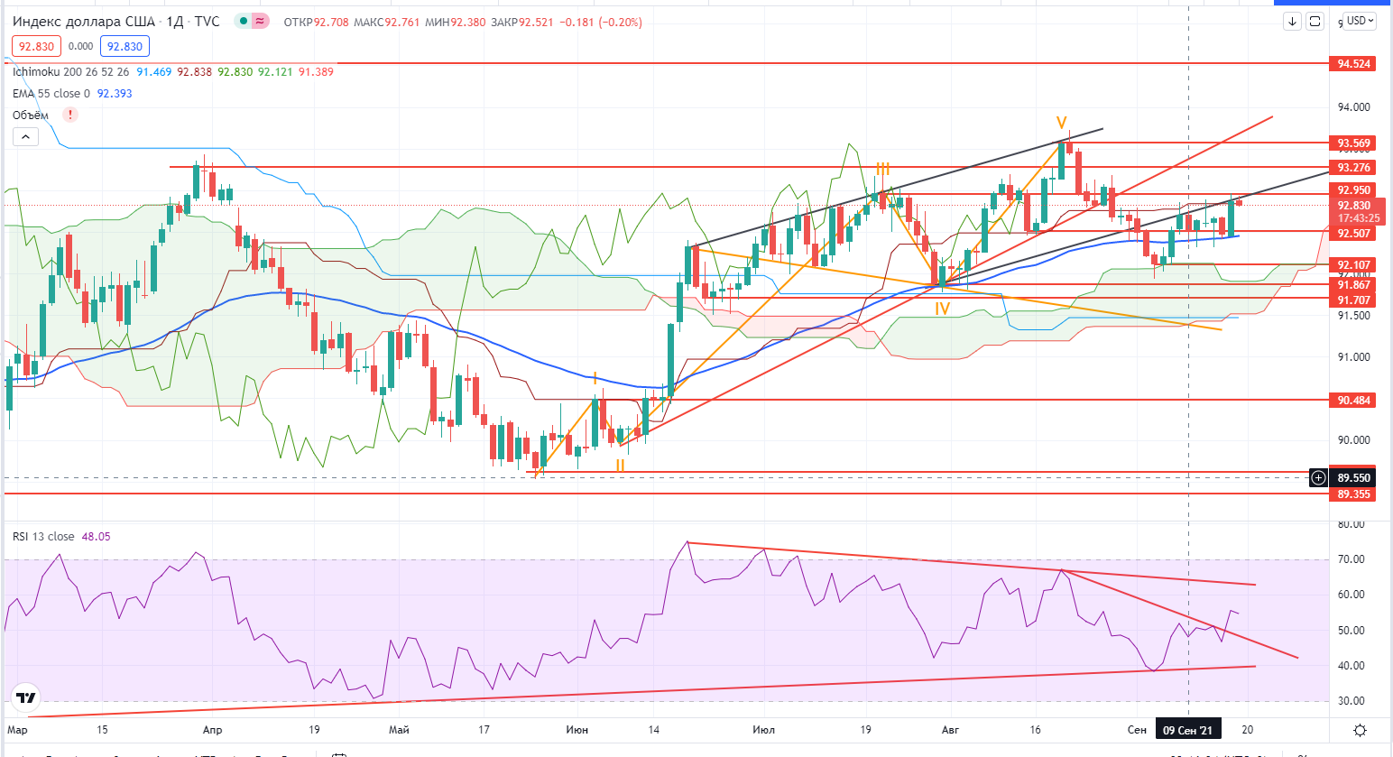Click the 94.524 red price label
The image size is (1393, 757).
(1353, 64)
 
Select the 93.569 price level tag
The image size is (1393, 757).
(1353, 143)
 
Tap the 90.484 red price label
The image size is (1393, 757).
(1353, 401)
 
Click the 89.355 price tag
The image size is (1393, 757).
(1353, 494)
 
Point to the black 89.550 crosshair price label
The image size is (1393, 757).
(1353, 478)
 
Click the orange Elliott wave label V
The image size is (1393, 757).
(1062, 123)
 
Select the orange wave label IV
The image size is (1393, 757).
(942, 309)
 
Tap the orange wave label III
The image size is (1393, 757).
(882, 170)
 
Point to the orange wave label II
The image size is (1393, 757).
(621, 466)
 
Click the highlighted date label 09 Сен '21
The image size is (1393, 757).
(1187, 730)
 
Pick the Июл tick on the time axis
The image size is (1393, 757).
(763, 730)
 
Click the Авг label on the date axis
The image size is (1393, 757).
(950, 730)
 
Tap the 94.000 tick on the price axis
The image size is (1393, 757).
(1353, 107)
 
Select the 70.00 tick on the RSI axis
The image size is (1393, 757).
(1351, 559)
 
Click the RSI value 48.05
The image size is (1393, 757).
(96, 537)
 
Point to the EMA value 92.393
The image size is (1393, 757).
(115, 94)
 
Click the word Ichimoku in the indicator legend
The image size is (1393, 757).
(36, 72)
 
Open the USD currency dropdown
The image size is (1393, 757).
(1360, 21)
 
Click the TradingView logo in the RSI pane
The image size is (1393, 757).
(26, 698)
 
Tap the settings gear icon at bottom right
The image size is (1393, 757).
(1360, 730)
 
